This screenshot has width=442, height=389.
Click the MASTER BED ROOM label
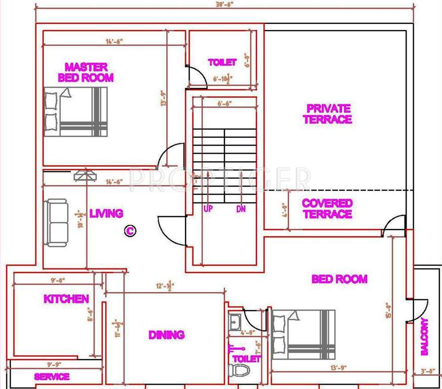point(85,72)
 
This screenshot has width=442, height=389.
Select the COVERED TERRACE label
point(327,209)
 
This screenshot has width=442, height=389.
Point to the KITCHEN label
point(66,299)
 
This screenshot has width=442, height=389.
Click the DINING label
point(166,335)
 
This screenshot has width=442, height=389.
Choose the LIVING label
point(106,214)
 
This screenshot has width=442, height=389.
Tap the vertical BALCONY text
point(424,336)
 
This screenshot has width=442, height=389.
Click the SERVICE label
point(52,377)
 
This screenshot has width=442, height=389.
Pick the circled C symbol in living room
point(130,231)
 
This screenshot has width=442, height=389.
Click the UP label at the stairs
point(207,208)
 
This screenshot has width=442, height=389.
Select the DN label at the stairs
point(241,208)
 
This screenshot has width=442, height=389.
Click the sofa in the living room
point(56,222)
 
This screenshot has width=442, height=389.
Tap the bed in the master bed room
point(76,112)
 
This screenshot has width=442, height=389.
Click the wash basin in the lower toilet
point(235,322)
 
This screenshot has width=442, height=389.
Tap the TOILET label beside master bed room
point(222,62)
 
